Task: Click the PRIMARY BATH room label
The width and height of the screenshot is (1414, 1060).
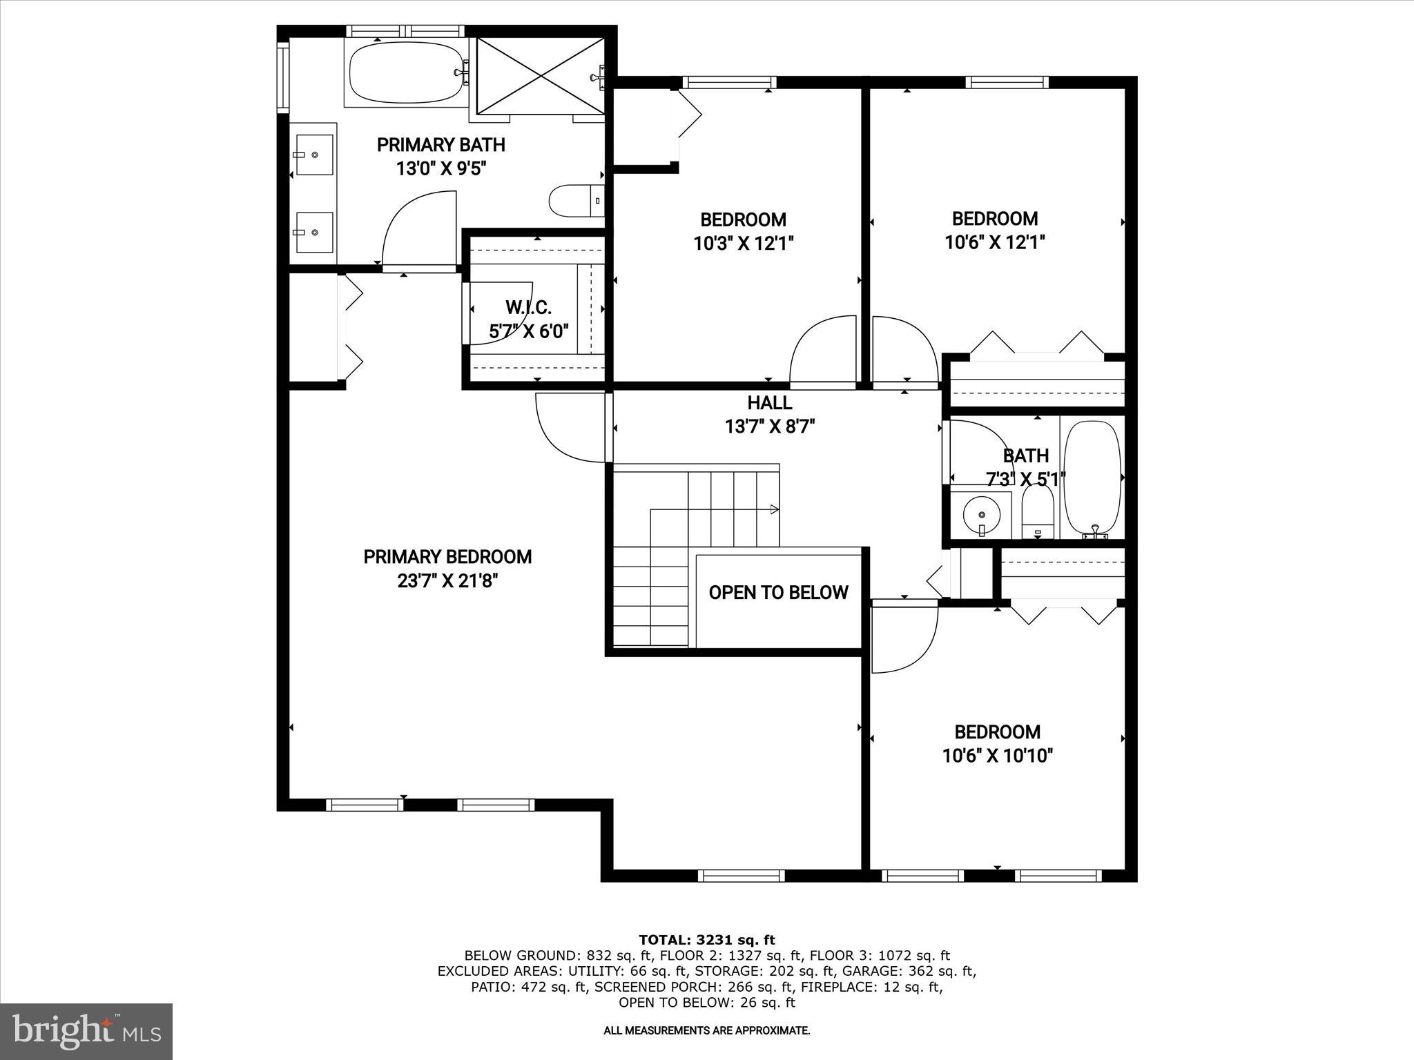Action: pyautogui.click(x=440, y=145)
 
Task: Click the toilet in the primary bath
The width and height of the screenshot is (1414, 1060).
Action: pyautogui.click(x=573, y=202)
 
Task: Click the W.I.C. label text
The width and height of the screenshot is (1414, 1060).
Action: pyautogui.click(x=528, y=308)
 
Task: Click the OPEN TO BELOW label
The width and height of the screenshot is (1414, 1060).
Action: pyautogui.click(x=778, y=593)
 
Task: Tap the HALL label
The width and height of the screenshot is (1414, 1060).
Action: pyautogui.click(x=769, y=403)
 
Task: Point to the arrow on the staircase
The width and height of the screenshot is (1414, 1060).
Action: pyautogui.click(x=774, y=510)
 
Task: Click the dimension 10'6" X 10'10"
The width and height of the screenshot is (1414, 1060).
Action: pyautogui.click(x=997, y=756)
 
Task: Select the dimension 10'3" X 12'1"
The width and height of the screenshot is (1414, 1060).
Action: pyautogui.click(x=743, y=243)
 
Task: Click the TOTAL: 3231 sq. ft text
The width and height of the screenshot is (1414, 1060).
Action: pyautogui.click(x=707, y=940)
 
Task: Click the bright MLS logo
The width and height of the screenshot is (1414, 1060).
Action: pyautogui.click(x=86, y=1031)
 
